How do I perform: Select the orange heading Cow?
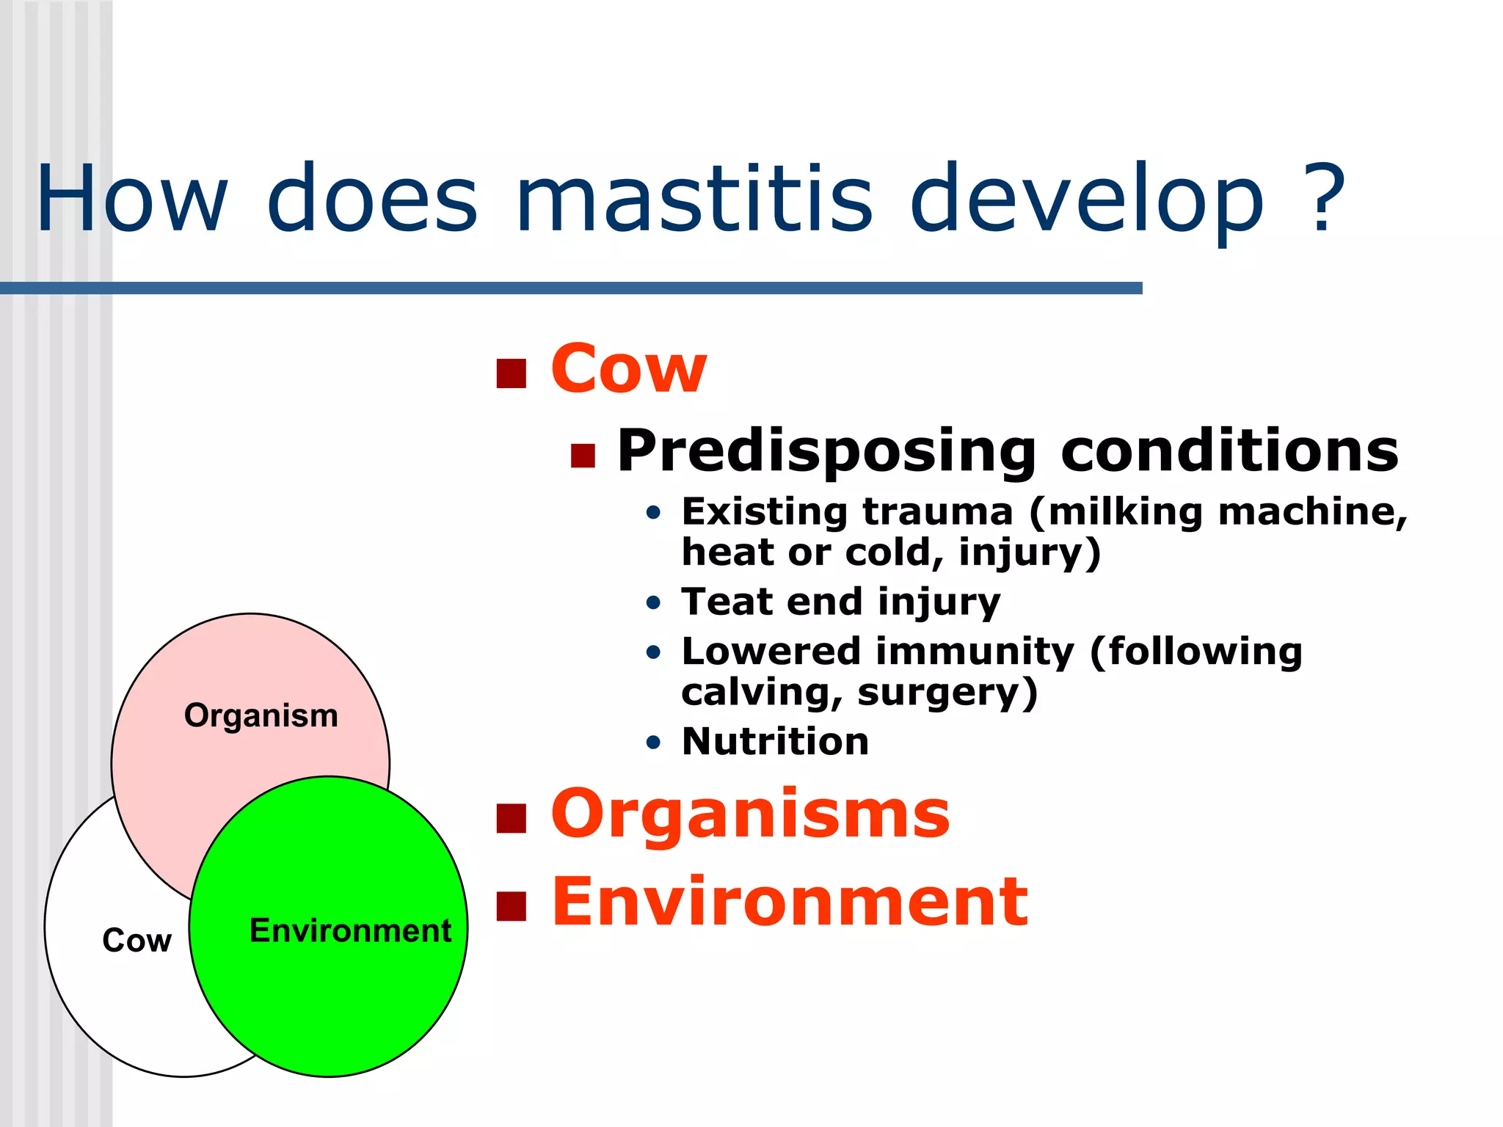628,369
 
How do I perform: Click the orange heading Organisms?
750,814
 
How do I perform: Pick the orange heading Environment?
789,902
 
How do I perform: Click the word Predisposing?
826,451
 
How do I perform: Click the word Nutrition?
775,741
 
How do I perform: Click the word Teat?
727,602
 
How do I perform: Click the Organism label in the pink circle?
261,715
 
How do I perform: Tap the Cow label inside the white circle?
137,941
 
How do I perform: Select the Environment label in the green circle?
350,930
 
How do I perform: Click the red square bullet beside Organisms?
512,819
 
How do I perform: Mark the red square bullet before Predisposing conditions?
583,456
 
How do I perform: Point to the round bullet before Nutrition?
653,743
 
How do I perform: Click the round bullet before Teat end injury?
653,603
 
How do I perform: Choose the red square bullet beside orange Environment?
512,906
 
